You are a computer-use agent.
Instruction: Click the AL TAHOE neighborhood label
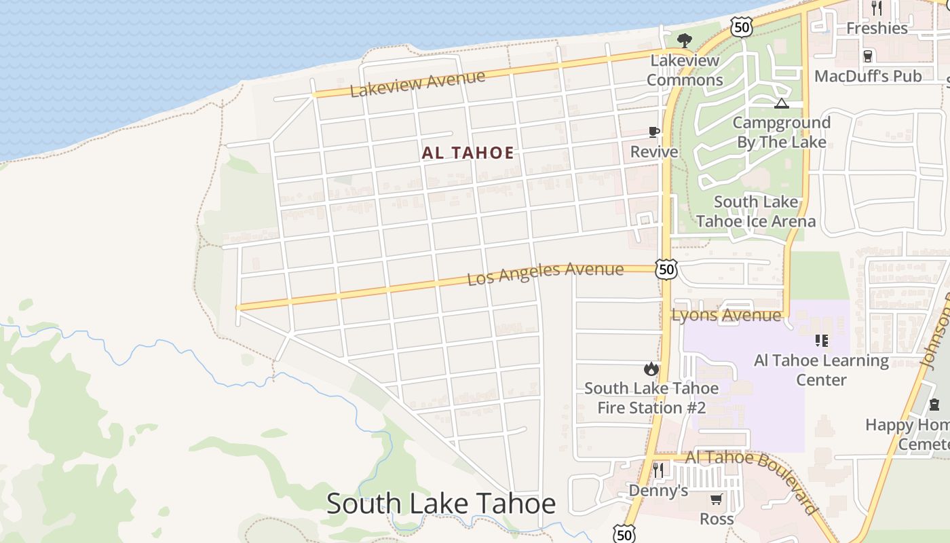tap(468, 153)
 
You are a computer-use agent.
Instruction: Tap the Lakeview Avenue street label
tap(417, 83)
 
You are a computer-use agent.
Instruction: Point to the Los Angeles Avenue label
tap(546, 274)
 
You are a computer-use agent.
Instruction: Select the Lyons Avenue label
tap(726, 315)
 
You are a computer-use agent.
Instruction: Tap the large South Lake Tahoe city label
tap(441, 504)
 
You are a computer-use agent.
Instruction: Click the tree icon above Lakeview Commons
tap(684, 40)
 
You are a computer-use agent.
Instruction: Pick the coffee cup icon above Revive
tap(654, 132)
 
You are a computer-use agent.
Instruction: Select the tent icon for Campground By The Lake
tap(782, 104)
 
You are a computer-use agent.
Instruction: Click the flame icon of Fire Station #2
tap(651, 369)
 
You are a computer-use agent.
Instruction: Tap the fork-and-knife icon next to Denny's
tap(658, 470)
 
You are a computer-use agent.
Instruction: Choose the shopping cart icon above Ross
tap(716, 500)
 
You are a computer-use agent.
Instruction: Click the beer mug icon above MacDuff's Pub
tap(867, 56)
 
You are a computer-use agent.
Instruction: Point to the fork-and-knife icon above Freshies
tap(877, 8)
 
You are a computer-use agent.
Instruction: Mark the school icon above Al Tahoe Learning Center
tap(822, 340)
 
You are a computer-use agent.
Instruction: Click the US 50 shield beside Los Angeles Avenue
tap(666, 269)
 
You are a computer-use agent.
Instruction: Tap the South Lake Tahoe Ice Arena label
tap(756, 212)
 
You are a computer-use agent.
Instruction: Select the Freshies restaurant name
tap(877, 29)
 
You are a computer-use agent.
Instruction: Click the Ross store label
tap(717, 519)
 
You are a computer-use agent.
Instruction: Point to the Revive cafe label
tap(654, 151)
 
